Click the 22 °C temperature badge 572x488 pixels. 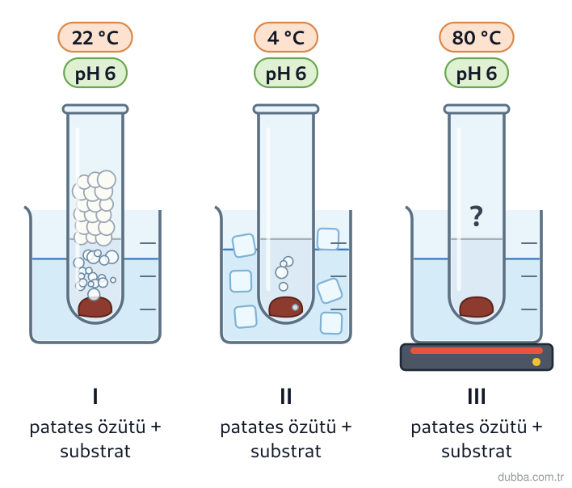pyautogui.click(x=95, y=37)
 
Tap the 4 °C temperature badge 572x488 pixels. pyautogui.click(x=286, y=37)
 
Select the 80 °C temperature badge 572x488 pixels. pyautogui.click(x=477, y=37)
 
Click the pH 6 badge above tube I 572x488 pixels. pyautogui.click(x=95, y=73)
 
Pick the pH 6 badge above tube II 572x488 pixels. pyautogui.click(x=286, y=73)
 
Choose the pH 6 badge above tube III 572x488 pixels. pyautogui.click(x=477, y=73)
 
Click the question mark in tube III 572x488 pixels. pyautogui.click(x=477, y=216)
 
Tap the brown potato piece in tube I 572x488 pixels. pyautogui.click(x=95, y=307)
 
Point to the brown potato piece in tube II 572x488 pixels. pyautogui.click(x=286, y=307)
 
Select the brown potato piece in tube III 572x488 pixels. pyautogui.click(x=477, y=307)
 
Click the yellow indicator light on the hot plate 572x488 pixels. pyautogui.click(x=536, y=362)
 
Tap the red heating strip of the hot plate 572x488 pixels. pyautogui.click(x=477, y=351)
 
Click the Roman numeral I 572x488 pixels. pyautogui.click(x=95, y=396)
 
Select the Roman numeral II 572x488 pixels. pyautogui.click(x=286, y=396)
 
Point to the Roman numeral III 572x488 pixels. pyautogui.click(x=477, y=396)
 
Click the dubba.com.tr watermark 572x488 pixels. pyautogui.click(x=531, y=477)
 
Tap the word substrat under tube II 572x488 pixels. pyautogui.click(x=286, y=452)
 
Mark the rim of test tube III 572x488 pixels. pyautogui.click(x=477, y=109)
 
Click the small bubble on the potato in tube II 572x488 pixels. pyautogui.click(x=295, y=308)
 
